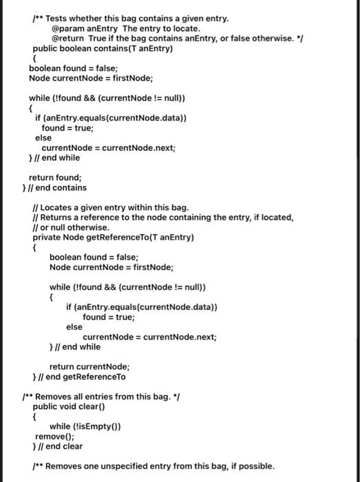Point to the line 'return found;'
(x=54, y=177)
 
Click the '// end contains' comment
(x=61, y=187)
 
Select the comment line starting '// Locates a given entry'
(x=111, y=207)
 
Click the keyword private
(x=49, y=238)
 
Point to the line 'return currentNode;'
(x=89, y=367)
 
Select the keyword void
(x=73, y=406)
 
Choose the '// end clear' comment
(x=63, y=446)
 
